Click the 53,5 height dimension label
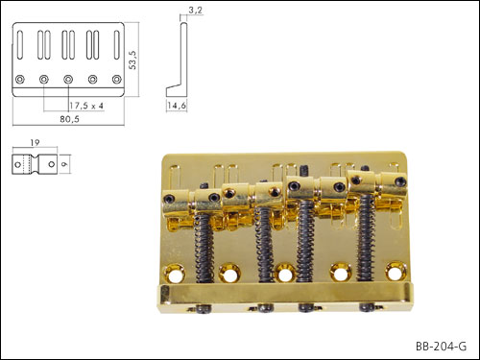pyautogui.click(x=132, y=60)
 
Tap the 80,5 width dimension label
pyautogui.click(x=69, y=119)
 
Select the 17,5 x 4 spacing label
pyautogui.click(x=86, y=106)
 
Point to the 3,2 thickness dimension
pyautogui.click(x=195, y=11)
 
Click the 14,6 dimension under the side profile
pyautogui.click(x=177, y=106)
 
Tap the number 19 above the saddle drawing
pyautogui.click(x=35, y=143)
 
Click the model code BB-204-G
pyautogui.click(x=441, y=347)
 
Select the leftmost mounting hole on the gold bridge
pyautogui.click(x=175, y=275)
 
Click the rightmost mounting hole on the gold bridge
pyautogui.click(x=396, y=273)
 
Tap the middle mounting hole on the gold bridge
pyautogui.click(x=284, y=273)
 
